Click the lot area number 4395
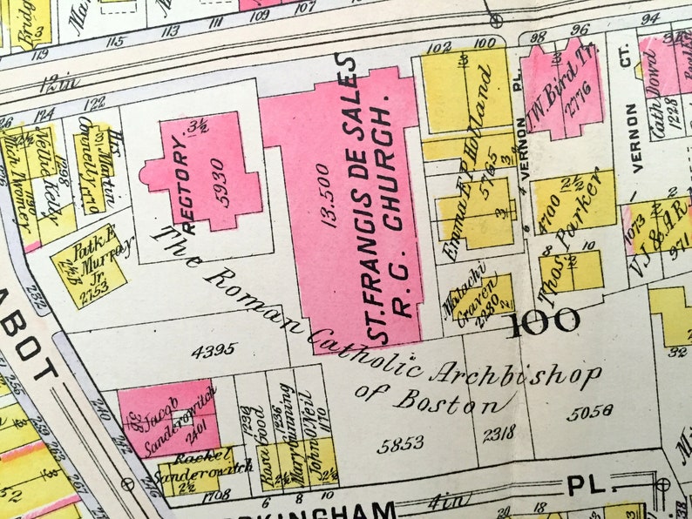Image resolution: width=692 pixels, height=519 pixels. [x=214, y=350]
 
